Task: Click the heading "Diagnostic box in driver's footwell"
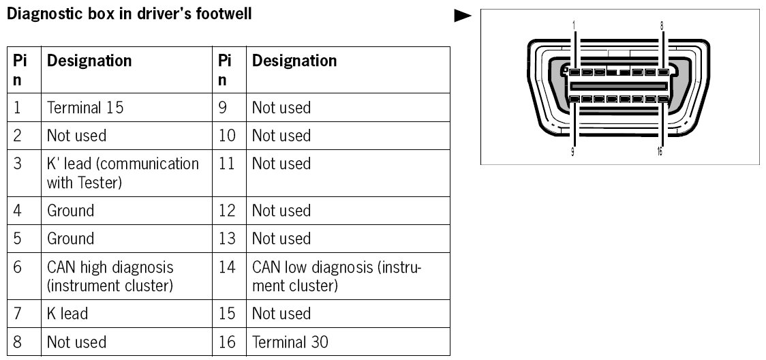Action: coord(129,13)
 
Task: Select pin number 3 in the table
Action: coord(18,164)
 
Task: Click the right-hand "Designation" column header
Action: coord(294,61)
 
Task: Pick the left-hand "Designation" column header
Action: coord(89,61)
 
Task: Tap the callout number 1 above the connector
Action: coord(574,25)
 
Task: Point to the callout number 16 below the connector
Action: coord(659,152)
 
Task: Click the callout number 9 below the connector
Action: coord(572,152)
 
